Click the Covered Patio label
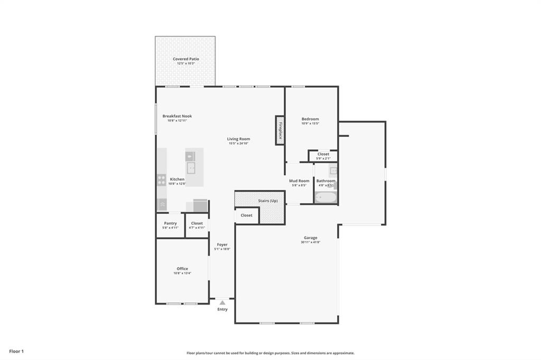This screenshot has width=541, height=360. [185, 59]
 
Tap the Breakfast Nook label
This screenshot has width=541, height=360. [177, 116]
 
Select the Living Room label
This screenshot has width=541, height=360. [239, 139]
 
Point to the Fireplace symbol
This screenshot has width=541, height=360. [279, 130]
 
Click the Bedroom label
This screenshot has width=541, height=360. [310, 119]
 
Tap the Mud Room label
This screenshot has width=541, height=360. [299, 181]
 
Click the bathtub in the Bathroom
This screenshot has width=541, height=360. [325, 197]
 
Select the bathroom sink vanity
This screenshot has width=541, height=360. [333, 170]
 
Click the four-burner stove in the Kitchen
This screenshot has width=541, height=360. [161, 181]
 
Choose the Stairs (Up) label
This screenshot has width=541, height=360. [267, 201]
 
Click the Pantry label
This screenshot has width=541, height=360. [170, 223]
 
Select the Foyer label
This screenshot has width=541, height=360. [222, 244]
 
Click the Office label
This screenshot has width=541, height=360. [182, 269]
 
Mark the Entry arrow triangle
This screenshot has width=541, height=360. [222, 302]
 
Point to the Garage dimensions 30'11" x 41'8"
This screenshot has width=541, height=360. [311, 242]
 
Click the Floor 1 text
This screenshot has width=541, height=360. [16, 351]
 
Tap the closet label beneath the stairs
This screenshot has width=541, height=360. [246, 215]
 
